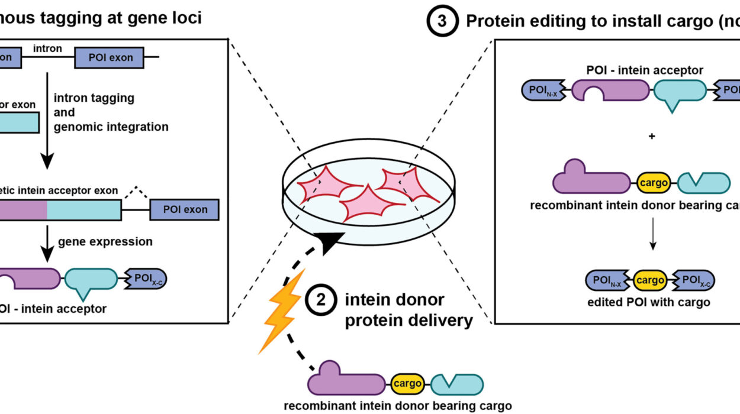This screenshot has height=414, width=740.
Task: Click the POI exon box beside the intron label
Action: pyautogui.click(x=110, y=58)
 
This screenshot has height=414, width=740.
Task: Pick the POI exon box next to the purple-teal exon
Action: pyautogui.click(x=184, y=210)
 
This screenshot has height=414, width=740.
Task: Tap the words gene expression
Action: pyautogui.click(x=105, y=241)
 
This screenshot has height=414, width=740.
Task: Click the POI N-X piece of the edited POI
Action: pyautogui.click(x=608, y=282)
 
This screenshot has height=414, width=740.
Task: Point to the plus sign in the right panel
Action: pyautogui.click(x=652, y=136)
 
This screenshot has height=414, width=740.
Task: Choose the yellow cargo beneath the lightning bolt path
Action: pyautogui.click(x=407, y=383)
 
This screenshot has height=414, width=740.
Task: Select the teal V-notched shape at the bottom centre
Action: pyautogui.click(x=456, y=383)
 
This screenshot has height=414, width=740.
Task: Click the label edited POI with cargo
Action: pyautogui.click(x=650, y=303)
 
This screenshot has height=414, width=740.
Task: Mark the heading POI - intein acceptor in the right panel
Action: pyautogui.click(x=645, y=70)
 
